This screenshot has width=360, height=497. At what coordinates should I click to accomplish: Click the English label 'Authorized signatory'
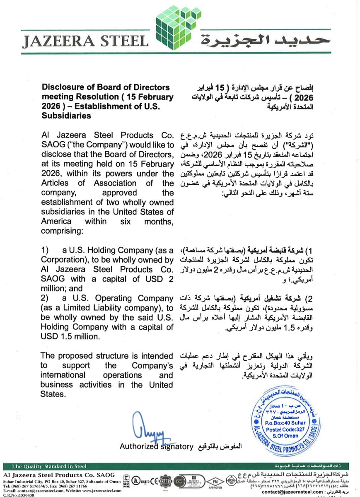(x=157, y=446)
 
